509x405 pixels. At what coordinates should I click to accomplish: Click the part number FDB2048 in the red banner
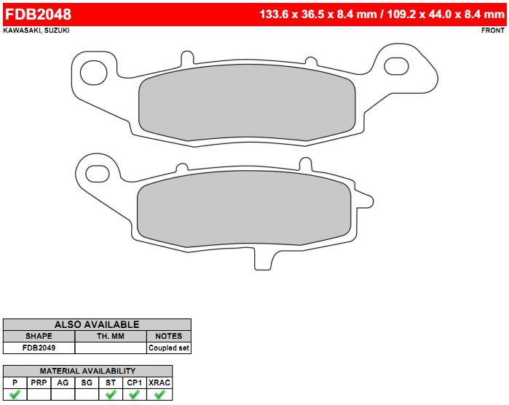tap(38, 15)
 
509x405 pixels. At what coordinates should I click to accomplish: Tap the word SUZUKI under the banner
tap(57, 30)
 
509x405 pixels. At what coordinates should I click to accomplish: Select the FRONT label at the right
tap(493, 30)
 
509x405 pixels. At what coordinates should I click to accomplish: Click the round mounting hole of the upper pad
tap(93, 72)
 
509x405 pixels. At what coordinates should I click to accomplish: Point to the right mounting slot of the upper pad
tap(396, 66)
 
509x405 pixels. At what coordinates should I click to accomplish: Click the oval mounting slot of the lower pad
tap(97, 174)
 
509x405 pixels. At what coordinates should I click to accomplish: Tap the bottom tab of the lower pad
tap(263, 259)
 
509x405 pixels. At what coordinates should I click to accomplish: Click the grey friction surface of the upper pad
tap(247, 103)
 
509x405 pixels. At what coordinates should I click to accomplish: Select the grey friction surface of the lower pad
tap(244, 209)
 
